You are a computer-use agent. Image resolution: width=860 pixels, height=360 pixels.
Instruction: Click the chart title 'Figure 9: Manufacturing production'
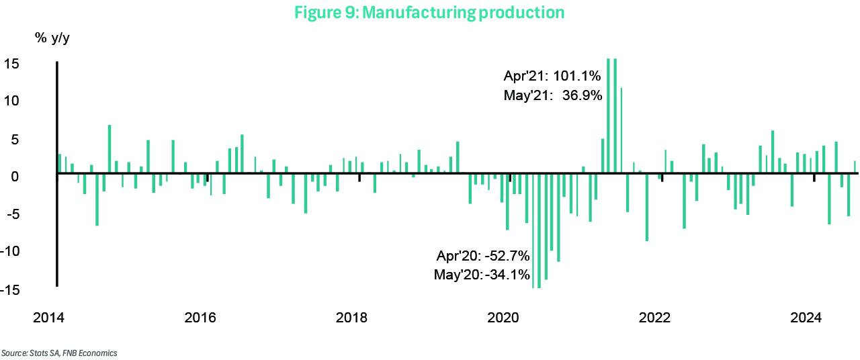[429, 12]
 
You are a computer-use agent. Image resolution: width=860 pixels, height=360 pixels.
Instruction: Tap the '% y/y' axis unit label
[52, 38]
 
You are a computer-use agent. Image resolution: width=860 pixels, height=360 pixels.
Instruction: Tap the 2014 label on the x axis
[48, 317]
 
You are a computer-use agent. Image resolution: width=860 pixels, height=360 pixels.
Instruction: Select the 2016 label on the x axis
[200, 317]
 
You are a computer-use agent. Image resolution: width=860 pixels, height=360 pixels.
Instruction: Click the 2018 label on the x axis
[352, 317]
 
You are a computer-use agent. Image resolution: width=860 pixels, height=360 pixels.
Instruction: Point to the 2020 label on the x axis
[504, 317]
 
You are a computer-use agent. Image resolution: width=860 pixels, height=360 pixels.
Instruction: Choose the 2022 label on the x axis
[656, 317]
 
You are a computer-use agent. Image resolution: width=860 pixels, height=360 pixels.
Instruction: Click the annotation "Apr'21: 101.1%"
[552, 76]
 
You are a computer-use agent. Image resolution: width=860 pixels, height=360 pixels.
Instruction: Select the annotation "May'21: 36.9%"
[552, 95]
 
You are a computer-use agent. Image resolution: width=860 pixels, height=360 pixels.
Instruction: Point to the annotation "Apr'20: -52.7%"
[483, 256]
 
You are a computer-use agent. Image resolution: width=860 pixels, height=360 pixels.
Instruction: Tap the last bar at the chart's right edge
[855, 167]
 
